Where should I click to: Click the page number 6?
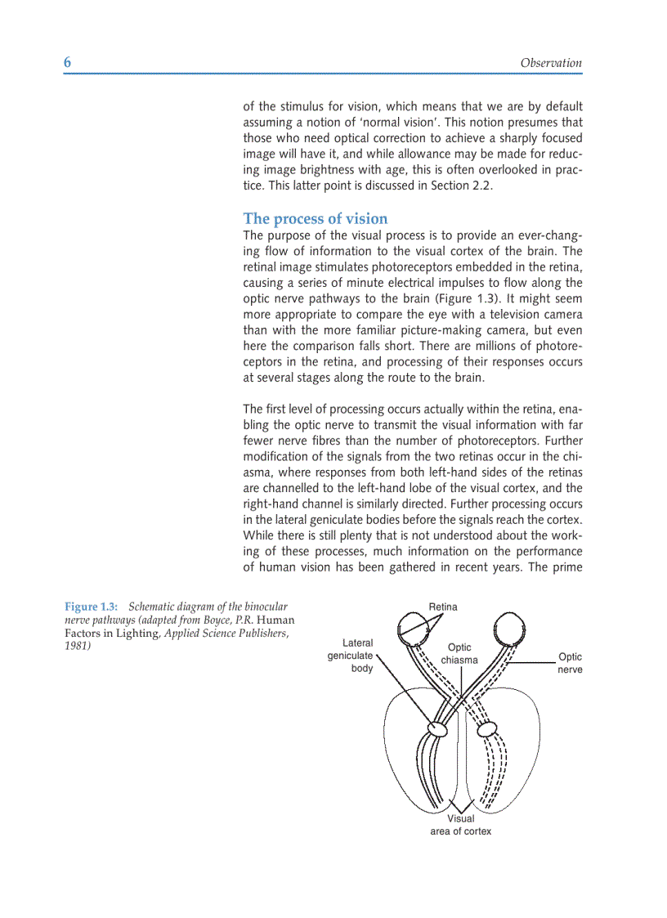point(68,64)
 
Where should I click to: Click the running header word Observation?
point(550,63)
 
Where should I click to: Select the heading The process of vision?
point(316,218)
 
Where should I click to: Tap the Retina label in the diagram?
point(443,607)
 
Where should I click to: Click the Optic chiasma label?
point(459,653)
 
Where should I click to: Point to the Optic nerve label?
point(570,663)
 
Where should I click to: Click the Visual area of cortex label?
point(460,825)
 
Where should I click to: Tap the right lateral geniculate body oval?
point(487,728)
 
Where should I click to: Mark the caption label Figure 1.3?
point(92,607)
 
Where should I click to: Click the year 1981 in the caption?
point(78,646)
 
